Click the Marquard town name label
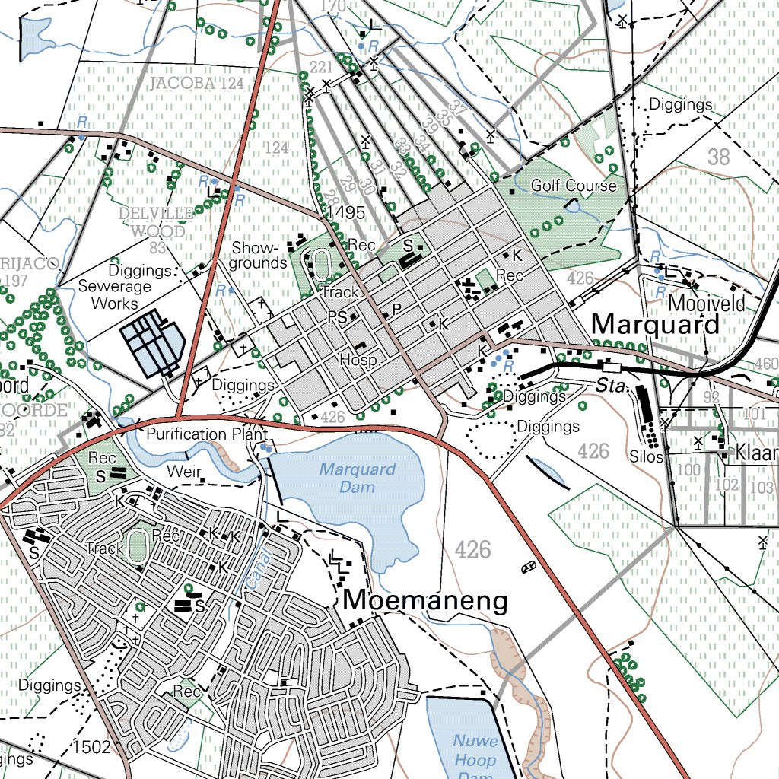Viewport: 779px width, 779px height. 655,324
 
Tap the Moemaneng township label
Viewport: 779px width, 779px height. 424,600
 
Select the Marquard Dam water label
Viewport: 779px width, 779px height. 357,478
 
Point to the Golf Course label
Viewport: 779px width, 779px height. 574,186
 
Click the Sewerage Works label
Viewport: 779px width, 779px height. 115,295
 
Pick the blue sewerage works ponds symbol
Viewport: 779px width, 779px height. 152,342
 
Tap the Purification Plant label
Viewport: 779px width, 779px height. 197,434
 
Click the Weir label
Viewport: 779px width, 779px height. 184,472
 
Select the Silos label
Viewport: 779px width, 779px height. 646,457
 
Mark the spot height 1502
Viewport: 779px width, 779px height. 93,747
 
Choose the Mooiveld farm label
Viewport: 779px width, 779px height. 706,304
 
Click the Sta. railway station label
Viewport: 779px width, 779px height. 609,387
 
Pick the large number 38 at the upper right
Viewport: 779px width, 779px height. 718,157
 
